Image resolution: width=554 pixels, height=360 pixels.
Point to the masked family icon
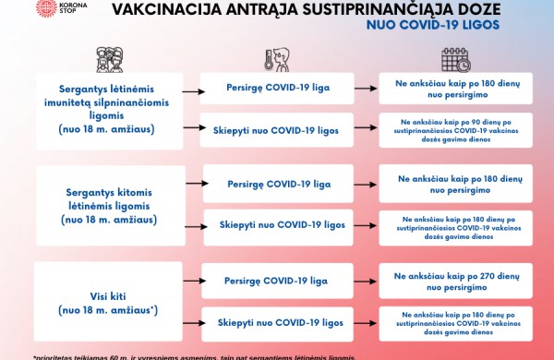coord(109,59)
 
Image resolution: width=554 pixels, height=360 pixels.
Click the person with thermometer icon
coord(276,61)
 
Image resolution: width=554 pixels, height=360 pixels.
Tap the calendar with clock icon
coord(455,60)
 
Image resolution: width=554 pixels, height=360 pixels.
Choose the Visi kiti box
coord(109,302)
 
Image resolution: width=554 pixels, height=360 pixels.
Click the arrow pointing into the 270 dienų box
coord(367,281)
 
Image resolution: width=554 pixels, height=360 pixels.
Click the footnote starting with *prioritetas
coord(194,356)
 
